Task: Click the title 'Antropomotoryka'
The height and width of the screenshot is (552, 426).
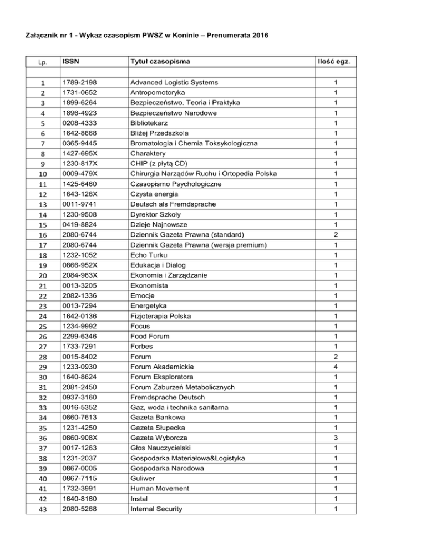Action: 157,92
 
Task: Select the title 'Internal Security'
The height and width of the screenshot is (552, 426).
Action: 158,509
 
